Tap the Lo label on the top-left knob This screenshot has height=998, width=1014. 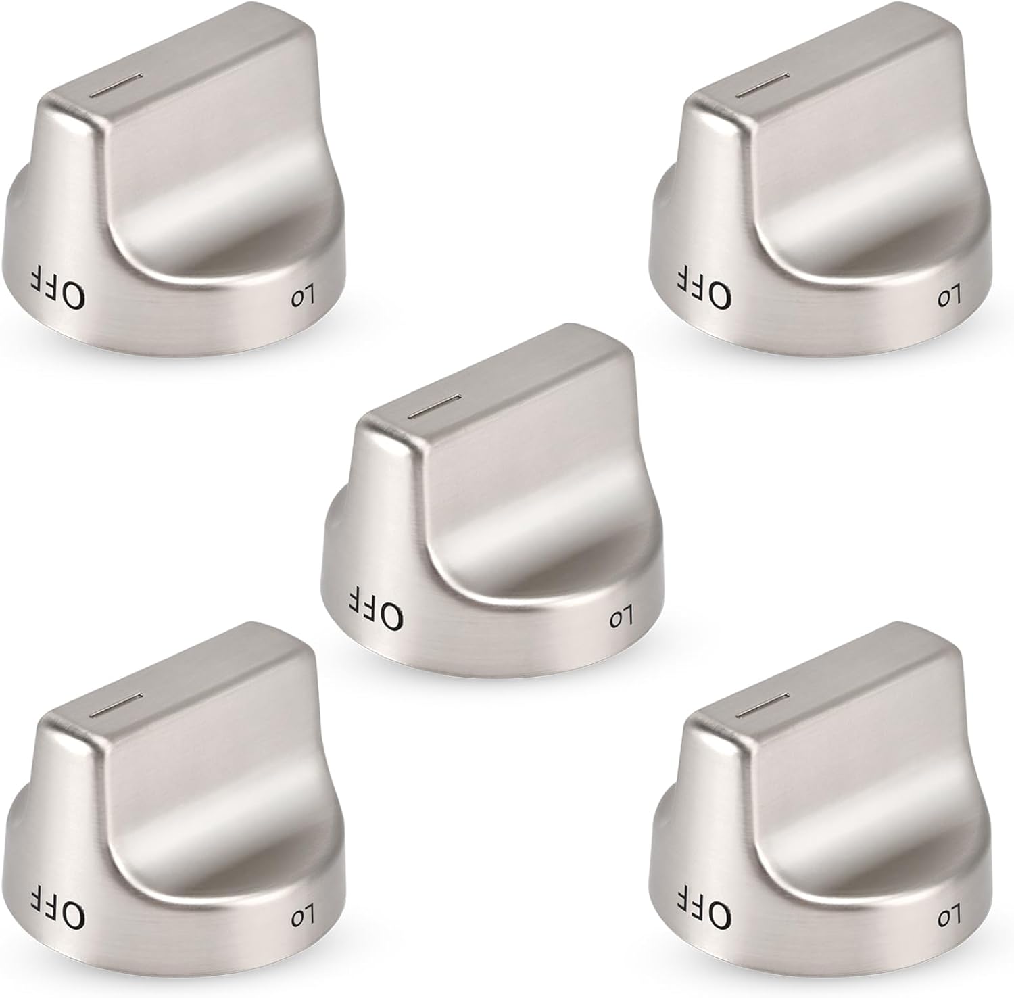coord(303,298)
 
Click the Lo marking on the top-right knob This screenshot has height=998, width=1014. coord(948,298)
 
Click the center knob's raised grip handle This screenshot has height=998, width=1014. coord(514,473)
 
